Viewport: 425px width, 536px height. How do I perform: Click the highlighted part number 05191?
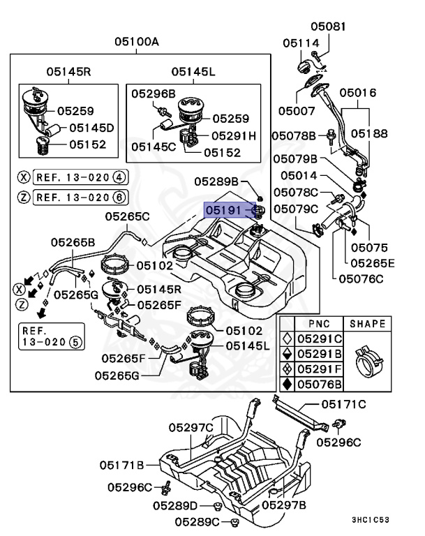(224, 209)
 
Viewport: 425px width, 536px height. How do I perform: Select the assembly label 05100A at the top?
(137, 42)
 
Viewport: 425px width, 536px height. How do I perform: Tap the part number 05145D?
(91, 128)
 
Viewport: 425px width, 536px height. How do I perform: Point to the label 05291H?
(234, 135)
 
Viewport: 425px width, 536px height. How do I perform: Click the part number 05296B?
(154, 93)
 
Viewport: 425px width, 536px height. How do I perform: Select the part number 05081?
(328, 27)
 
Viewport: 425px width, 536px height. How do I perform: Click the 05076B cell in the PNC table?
(320, 383)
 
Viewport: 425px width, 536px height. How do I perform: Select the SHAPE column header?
(367, 324)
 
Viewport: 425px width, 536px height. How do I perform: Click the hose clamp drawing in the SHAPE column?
(368, 362)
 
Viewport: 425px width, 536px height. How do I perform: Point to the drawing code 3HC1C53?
(380, 519)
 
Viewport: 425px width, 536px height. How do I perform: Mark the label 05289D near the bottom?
(175, 505)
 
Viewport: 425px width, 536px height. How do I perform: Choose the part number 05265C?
(128, 216)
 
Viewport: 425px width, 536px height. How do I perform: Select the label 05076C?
(361, 278)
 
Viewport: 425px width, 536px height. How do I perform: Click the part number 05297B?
(284, 505)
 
